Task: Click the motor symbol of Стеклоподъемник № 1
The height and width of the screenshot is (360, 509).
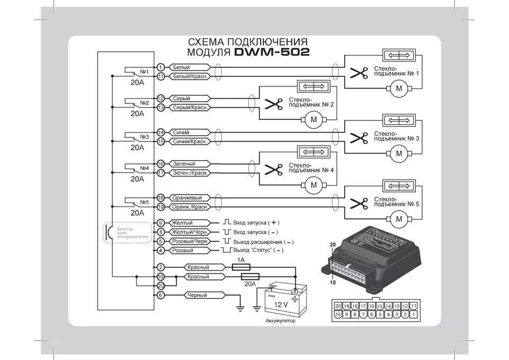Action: click(399, 89)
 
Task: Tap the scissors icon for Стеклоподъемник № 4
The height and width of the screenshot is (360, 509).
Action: click(274, 170)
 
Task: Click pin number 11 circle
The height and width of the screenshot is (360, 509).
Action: click(161, 76)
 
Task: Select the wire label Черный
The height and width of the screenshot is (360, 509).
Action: click(196, 295)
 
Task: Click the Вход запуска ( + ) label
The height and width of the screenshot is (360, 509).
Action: click(256, 223)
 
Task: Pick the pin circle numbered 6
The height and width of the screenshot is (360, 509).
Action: click(161, 295)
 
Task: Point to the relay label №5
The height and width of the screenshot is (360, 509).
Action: click(144, 202)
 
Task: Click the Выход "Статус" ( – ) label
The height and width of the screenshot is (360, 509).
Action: click(260, 250)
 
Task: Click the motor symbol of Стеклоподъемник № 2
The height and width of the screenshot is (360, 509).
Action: click(313, 119)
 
